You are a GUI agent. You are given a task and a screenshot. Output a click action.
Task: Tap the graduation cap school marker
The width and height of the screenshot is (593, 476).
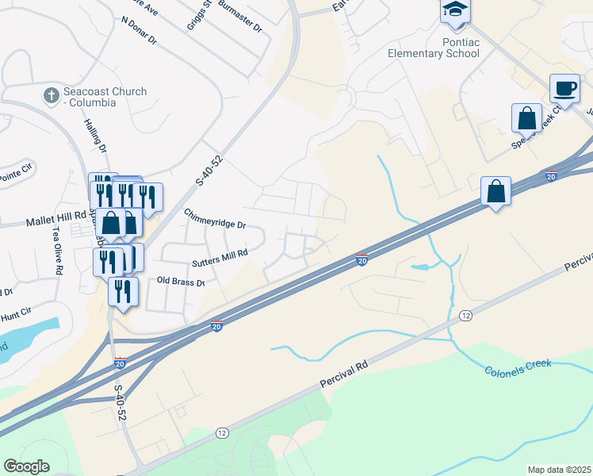456,10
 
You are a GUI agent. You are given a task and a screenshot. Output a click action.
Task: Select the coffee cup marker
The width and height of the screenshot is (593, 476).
564,89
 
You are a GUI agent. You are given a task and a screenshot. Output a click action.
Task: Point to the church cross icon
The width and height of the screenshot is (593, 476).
50,95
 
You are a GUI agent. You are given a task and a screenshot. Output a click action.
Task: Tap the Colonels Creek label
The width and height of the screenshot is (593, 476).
517,368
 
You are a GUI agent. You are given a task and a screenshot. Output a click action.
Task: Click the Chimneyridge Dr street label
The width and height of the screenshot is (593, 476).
215,219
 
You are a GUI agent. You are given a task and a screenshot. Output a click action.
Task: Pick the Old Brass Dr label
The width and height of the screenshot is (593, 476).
181,282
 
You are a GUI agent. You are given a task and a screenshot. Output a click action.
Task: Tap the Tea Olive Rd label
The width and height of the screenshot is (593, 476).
57,251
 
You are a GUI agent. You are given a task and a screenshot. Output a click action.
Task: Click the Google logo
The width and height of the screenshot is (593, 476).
26,466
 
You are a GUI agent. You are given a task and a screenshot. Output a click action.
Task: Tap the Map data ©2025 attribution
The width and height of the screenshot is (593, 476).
559,470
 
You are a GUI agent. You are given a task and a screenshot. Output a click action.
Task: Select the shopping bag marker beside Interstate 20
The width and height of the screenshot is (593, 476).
495,192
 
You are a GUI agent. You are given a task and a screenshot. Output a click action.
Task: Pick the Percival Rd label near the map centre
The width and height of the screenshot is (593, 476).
345,374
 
